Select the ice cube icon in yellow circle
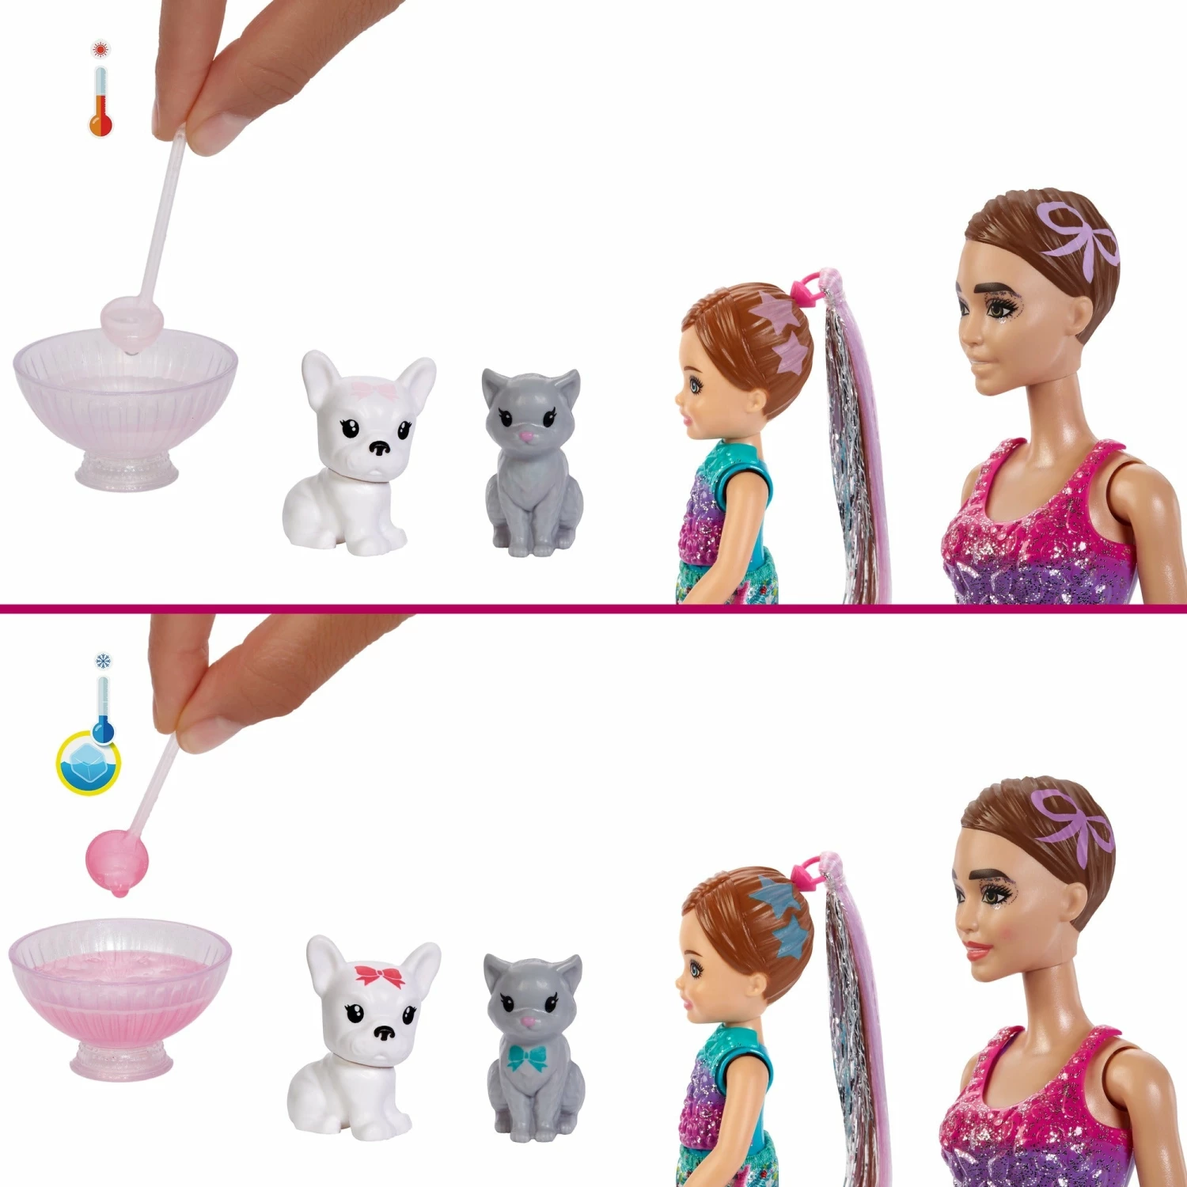(88, 764)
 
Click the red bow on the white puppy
(379, 975)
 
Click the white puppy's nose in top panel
(380, 449)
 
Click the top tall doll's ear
(1088, 317)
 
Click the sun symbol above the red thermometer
(100, 50)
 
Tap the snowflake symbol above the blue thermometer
(103, 661)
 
